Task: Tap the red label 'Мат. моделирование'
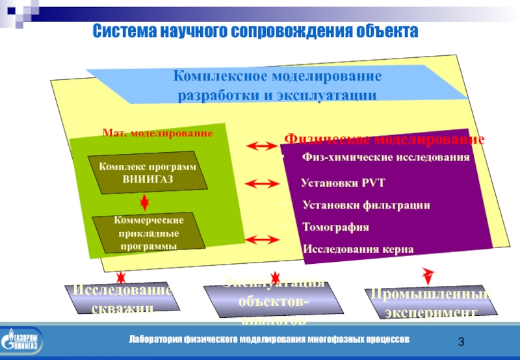point(157,133)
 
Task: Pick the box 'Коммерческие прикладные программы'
point(148,232)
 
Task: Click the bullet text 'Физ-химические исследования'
point(385,158)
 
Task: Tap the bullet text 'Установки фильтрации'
point(366,205)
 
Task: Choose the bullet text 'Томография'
point(335,227)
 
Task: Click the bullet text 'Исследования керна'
point(357,249)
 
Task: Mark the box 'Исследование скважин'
point(122,299)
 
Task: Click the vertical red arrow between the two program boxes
point(145,203)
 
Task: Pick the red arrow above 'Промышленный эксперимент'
point(427,274)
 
